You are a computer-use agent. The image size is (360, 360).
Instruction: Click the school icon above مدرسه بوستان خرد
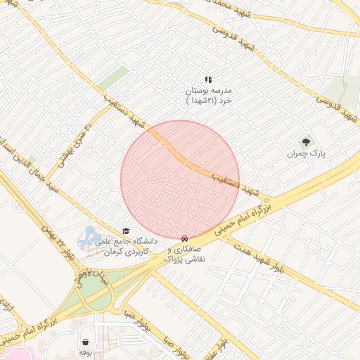pos(208,80)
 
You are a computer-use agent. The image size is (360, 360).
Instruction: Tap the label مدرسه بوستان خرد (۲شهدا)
pos(208,96)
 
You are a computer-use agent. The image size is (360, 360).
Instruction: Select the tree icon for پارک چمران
pos(305,142)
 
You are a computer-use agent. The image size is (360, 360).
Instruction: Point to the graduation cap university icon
pos(126,231)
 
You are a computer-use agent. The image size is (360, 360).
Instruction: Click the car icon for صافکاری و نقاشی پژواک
pos(184,238)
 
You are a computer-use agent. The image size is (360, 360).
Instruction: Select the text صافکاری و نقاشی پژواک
pos(186,254)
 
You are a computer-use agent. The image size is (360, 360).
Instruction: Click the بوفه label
pos(85,351)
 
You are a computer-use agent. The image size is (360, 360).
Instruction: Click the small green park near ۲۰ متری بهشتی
pos(112,78)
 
